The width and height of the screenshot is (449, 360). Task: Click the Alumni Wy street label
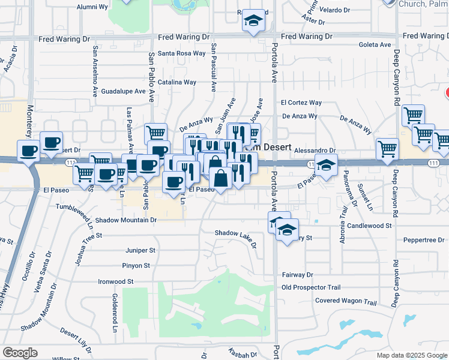click(92, 7)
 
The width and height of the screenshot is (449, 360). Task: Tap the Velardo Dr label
click(335, 10)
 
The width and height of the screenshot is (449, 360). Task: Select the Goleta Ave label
click(374, 44)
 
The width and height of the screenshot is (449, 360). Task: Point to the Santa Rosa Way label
click(182, 53)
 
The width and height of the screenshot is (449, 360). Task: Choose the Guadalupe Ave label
click(124, 92)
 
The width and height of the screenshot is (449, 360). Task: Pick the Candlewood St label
click(370, 226)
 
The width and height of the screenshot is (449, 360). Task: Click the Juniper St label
click(140, 250)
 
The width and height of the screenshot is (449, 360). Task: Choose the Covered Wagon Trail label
click(346, 301)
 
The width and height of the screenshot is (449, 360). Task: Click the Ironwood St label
click(115, 281)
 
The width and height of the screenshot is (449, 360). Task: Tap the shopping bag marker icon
click(220, 178)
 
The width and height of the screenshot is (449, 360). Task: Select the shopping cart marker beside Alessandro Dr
click(388, 148)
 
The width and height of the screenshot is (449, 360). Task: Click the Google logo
click(20, 353)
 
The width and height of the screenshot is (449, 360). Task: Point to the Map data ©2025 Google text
click(411, 355)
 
